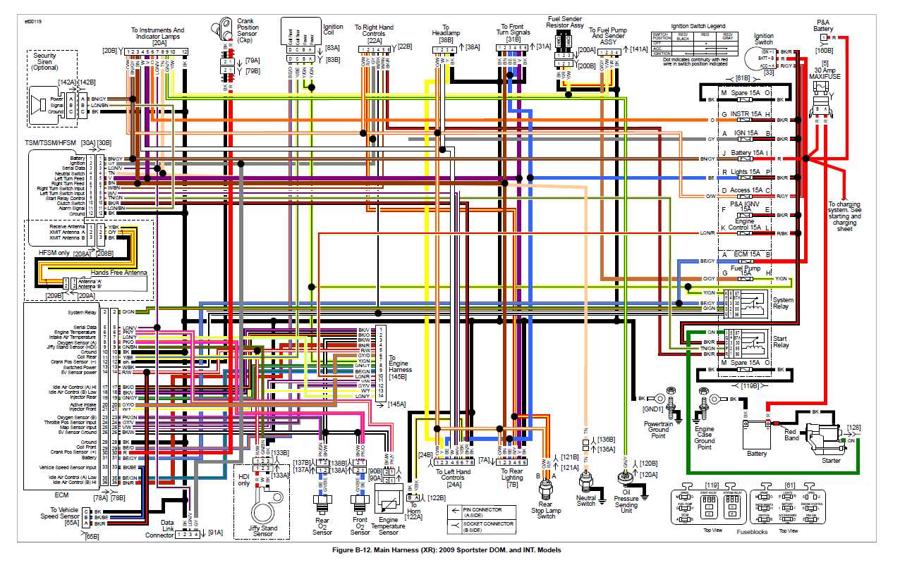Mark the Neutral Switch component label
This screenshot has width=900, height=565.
(586, 500)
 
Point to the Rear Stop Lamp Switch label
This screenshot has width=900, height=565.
(546, 510)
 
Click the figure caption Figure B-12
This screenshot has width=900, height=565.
(449, 550)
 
